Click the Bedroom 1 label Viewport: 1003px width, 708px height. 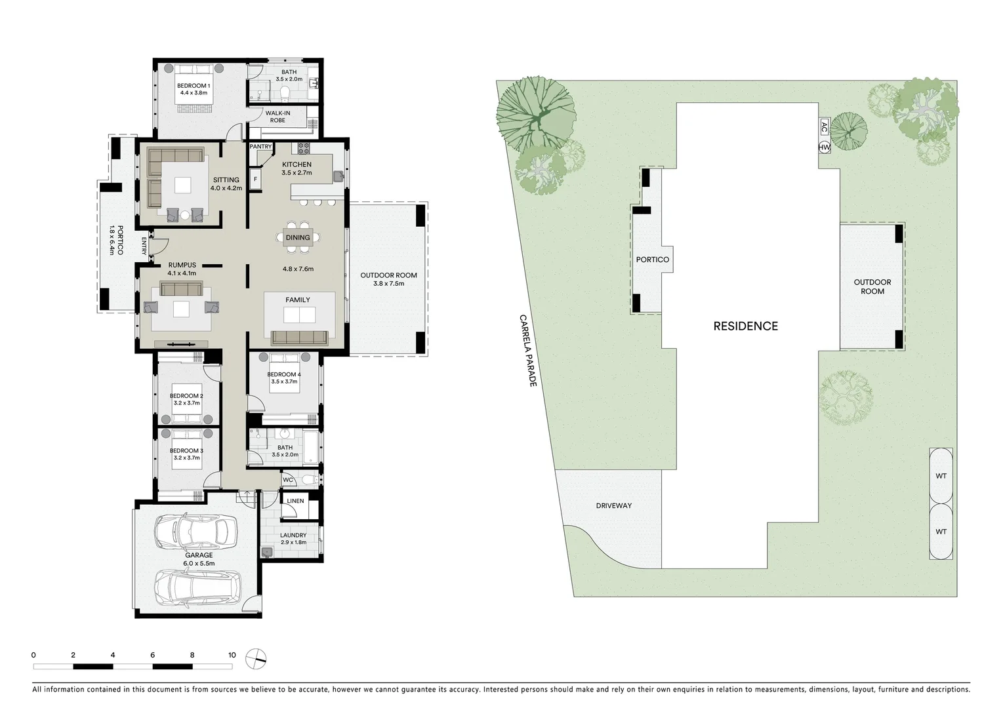tap(194, 86)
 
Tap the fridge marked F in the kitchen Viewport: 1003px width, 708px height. tap(255, 178)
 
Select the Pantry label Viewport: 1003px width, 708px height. tap(260, 146)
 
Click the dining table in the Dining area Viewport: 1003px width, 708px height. tap(298, 238)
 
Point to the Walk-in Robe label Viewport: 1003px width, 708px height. tap(277, 117)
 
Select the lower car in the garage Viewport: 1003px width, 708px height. tap(197, 586)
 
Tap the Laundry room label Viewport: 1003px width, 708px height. tap(293, 536)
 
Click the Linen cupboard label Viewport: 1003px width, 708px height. tap(295, 501)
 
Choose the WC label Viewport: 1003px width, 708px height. tap(288, 480)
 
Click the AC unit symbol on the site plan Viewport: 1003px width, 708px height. tap(824, 127)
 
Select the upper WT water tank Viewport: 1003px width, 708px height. tap(941, 476)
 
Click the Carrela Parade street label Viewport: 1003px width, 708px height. tap(528, 350)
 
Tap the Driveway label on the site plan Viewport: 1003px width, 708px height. tap(613, 505)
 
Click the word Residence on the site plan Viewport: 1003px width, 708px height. tap(745, 326)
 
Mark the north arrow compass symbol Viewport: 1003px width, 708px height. tap(256, 658)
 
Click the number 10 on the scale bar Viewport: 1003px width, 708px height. tap(232, 655)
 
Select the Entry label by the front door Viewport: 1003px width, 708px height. tap(144, 246)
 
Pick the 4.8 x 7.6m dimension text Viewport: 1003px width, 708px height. tap(298, 269)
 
